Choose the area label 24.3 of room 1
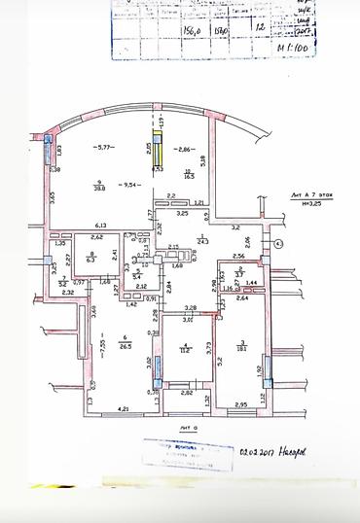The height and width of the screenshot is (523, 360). click(202, 239)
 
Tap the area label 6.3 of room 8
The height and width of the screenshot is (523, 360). click(91, 261)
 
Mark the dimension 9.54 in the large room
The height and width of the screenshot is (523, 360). click(128, 183)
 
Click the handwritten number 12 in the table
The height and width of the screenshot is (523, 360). click(258, 28)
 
